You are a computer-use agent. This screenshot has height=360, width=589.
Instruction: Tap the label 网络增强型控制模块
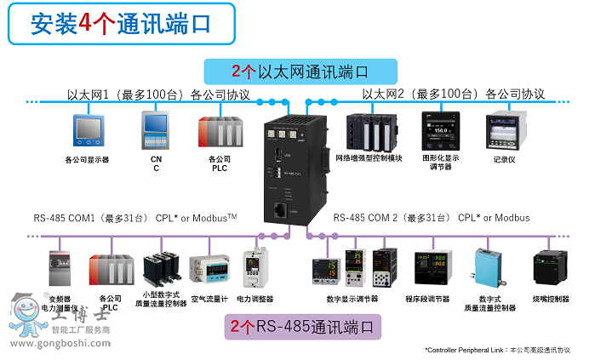[369, 158]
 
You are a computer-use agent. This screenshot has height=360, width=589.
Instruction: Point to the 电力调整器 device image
[254, 266]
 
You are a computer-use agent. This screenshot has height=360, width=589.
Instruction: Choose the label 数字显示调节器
[352, 299]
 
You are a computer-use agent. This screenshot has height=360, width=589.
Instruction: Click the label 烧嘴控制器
[550, 299]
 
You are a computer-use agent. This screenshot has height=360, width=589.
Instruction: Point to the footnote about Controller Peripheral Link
[498, 350]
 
